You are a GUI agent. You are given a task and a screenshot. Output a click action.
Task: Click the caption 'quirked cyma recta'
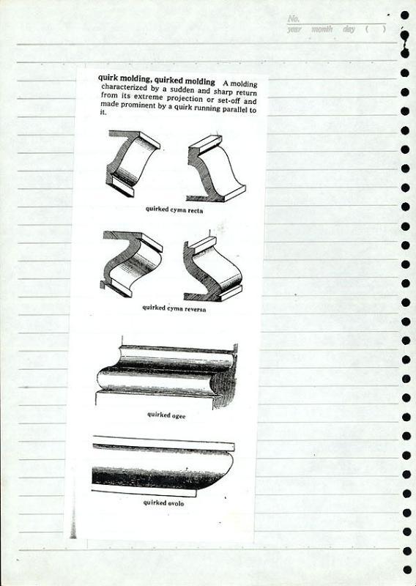point(174,209)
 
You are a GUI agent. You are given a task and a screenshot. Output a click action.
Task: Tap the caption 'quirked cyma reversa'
point(174,308)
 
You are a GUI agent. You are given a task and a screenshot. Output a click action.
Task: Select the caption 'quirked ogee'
point(166,415)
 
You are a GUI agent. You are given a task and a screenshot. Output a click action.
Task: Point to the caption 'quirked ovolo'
point(163,502)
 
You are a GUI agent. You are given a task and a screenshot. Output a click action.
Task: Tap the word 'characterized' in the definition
point(124,87)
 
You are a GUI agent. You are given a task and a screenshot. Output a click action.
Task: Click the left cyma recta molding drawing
point(133,163)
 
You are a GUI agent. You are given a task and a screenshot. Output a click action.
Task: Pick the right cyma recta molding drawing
point(216,169)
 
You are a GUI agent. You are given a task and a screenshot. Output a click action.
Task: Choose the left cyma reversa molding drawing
point(132,264)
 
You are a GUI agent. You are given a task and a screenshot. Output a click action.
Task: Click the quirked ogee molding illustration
point(167,377)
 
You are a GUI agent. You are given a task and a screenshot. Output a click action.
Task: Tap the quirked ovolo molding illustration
point(163,467)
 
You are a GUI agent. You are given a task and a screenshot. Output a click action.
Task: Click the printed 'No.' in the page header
point(294,19)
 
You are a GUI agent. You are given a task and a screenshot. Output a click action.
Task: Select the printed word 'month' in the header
point(322,29)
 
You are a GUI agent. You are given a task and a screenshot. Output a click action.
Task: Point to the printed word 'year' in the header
point(294,29)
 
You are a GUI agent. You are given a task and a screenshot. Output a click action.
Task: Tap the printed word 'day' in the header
point(349,29)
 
